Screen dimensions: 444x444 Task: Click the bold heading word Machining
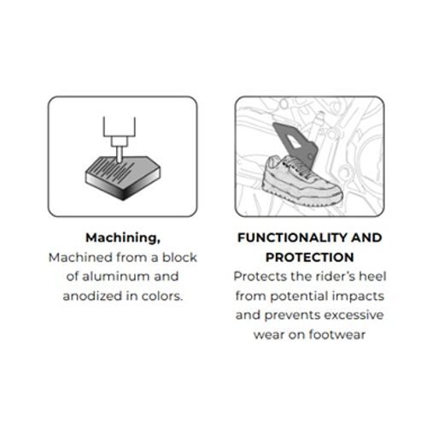point(123,238)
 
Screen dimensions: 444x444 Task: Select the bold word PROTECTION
point(310,257)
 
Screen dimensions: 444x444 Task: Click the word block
point(179,257)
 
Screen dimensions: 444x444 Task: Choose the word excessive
point(353,315)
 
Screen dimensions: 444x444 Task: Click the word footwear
point(337,335)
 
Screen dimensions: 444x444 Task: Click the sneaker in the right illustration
point(301,181)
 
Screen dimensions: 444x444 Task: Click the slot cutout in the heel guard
point(293,141)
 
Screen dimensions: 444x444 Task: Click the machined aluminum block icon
point(123,178)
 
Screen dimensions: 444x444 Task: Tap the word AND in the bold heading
point(366,237)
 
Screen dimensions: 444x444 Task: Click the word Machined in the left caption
point(80,257)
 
